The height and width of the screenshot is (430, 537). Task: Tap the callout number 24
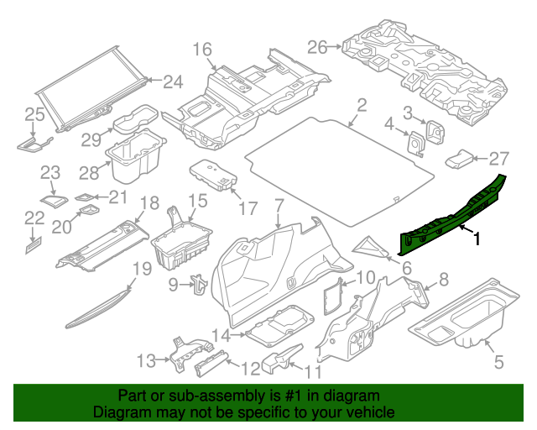coord(173,81)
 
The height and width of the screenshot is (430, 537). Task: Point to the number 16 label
coord(203,49)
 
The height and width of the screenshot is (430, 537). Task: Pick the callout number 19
coord(142,270)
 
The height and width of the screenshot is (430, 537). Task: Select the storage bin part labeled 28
coord(133,160)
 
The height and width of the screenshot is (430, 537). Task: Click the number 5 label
coord(499,363)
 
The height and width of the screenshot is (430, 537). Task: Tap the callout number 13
coord(147,360)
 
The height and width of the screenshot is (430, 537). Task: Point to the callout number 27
coord(499,158)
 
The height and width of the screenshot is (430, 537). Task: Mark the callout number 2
coord(362,106)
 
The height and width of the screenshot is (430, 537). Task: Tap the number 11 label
coord(313,371)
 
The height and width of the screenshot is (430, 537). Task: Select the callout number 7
coord(279,203)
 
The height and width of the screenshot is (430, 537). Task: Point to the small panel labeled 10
coord(334,295)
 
